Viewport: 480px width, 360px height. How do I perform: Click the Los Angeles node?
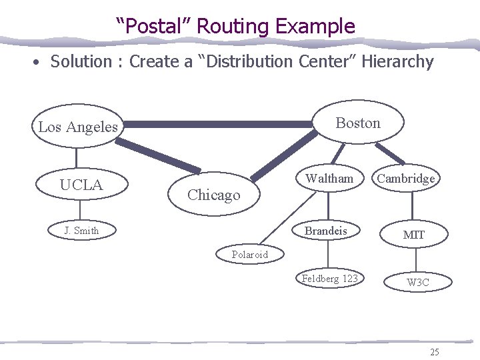pyautogui.click(x=77, y=127)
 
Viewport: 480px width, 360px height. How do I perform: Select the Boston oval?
pyautogui.click(x=358, y=123)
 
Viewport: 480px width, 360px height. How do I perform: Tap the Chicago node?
pyautogui.click(x=213, y=195)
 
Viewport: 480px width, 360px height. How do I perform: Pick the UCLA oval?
pyautogui.click(x=81, y=185)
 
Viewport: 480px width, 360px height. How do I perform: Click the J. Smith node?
pyautogui.click(x=81, y=231)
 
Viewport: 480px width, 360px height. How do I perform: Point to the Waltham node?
pyautogui.click(x=329, y=178)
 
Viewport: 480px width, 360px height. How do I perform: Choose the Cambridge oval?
pyautogui.click(x=406, y=178)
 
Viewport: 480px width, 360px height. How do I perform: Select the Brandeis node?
pyautogui.click(x=326, y=231)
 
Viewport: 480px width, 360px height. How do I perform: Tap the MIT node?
pyautogui.click(x=413, y=235)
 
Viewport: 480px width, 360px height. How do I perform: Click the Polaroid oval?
pyautogui.click(x=250, y=254)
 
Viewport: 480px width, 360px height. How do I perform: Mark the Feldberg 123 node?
pyautogui.click(x=329, y=279)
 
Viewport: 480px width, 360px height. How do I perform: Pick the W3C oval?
pyautogui.click(x=418, y=283)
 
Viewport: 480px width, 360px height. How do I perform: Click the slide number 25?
pyautogui.click(x=435, y=351)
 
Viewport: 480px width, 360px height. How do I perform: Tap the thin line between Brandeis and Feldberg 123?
pyautogui.click(x=328, y=255)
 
